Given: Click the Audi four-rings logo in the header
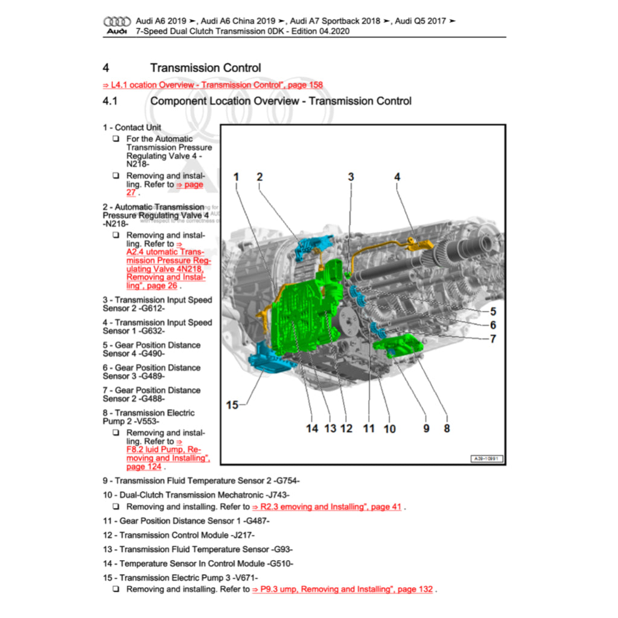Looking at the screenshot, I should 116,21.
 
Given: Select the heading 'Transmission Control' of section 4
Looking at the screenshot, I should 205,68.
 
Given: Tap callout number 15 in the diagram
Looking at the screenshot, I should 232,405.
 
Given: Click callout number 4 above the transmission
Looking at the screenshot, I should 397,177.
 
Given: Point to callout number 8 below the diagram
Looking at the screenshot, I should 447,428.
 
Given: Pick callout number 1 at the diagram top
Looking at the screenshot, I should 236,177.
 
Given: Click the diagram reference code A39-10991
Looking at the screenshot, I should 486,459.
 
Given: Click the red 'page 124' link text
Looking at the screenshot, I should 144,467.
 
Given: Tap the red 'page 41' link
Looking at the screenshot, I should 386,507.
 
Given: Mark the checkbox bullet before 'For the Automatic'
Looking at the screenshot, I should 115,139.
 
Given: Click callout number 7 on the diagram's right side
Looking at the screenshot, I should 493,339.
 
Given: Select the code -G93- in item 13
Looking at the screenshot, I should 282,549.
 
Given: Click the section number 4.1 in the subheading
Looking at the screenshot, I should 110,101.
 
